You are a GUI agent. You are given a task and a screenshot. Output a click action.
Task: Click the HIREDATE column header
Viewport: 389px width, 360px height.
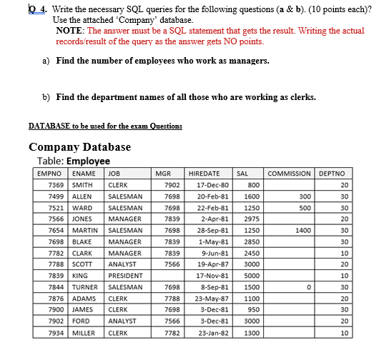(204, 173)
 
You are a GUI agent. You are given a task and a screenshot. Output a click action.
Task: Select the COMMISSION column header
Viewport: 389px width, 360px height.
(289, 173)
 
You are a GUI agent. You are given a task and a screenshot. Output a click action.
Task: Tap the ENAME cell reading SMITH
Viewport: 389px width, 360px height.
(83, 184)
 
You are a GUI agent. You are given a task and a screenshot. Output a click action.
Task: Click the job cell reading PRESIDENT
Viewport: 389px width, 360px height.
(124, 275)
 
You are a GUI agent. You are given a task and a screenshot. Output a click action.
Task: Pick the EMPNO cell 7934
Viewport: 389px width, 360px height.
(54, 333)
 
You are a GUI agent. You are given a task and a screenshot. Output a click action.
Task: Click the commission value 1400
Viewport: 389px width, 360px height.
(302, 230)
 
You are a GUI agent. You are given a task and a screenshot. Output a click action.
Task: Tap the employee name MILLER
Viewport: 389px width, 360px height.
(84, 333)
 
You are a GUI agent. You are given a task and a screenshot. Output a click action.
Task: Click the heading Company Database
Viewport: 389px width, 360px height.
(79, 147)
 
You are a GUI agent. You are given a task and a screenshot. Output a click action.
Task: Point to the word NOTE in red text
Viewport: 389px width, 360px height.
(68, 31)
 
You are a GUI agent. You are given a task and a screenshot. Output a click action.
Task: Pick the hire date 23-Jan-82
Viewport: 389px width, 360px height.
(212, 333)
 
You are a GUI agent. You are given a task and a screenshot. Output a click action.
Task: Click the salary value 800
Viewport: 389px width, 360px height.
(253, 184)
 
